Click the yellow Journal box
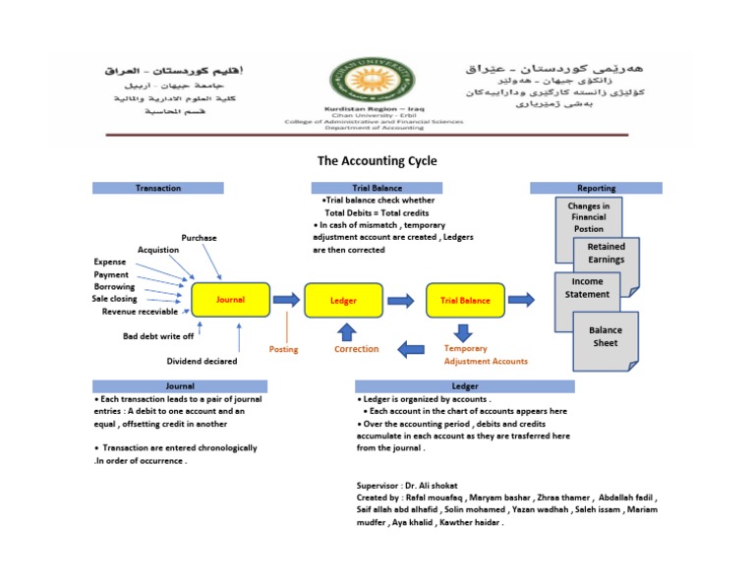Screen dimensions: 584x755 [230, 300]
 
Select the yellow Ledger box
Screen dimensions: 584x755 [343, 300]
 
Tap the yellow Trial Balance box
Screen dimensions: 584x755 [465, 300]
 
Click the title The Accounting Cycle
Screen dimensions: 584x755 [377, 161]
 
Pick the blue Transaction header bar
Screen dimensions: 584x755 [157, 188]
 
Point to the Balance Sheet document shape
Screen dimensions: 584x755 [606, 338]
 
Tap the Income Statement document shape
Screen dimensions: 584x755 [588, 288]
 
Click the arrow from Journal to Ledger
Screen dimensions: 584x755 [287, 300]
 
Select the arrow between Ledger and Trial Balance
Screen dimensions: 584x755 [400, 300]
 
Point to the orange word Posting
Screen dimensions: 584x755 [284, 349]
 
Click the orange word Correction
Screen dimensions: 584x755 [356, 349]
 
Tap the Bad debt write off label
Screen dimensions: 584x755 [158, 336]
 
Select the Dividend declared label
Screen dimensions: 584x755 [202, 361]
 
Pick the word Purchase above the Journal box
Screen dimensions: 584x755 [199, 238]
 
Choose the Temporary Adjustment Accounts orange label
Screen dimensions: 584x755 [486, 355]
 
